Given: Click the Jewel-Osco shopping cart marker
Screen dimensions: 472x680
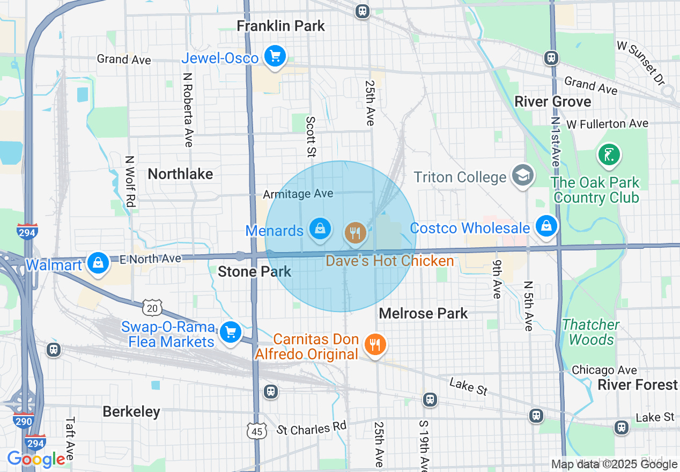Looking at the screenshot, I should [275, 56].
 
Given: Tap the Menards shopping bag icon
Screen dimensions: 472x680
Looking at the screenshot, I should [320, 229].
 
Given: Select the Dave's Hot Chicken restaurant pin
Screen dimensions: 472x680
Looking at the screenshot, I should [354, 233].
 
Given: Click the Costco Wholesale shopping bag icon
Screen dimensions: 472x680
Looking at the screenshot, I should [546, 226].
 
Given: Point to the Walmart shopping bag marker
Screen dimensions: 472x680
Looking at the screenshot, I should [98, 263].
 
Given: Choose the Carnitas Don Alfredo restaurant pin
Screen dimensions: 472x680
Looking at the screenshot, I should [375, 344].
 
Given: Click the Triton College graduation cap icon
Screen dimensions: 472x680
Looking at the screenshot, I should [522, 175].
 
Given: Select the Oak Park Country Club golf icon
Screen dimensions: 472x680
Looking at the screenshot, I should [609, 155].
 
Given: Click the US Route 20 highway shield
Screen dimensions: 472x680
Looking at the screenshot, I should [152, 308].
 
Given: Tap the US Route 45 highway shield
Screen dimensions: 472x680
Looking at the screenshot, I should [257, 431].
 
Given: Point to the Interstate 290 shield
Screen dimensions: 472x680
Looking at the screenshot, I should [24, 421].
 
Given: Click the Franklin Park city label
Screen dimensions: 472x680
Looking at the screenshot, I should [281, 26].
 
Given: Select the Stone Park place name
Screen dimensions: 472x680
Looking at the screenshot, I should [254, 271].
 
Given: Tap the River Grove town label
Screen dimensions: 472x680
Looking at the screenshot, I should [552, 101].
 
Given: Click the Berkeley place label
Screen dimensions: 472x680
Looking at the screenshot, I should [131, 411].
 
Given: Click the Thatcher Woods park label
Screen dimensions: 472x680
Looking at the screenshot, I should [591, 332].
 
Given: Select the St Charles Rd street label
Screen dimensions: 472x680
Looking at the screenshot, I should [312, 428].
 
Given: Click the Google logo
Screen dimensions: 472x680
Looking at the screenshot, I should [36, 459].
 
